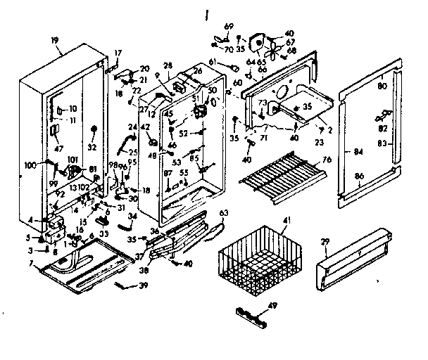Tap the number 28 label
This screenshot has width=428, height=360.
point(168,65)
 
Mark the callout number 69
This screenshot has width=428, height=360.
point(227,26)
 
